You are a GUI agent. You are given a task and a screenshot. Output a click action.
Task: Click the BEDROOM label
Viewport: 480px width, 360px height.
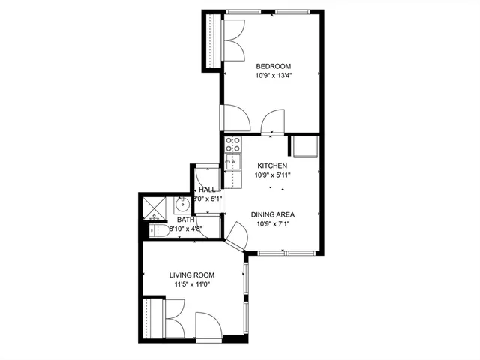(x=273, y=66)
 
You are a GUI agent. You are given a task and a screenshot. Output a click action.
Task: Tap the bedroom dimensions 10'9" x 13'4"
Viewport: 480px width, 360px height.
(x=273, y=75)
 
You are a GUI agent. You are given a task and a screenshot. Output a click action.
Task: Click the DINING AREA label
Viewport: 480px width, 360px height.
(x=273, y=214)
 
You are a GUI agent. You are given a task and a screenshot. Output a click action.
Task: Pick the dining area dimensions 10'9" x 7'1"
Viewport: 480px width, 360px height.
(x=273, y=223)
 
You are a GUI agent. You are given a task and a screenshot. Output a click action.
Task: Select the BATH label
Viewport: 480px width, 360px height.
(x=185, y=220)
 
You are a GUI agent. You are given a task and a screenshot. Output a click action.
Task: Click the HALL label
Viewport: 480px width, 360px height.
(x=207, y=190)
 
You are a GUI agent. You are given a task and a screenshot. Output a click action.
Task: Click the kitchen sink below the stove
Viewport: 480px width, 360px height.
(x=232, y=161)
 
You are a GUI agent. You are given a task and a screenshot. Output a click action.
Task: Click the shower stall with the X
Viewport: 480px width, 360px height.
(x=154, y=206)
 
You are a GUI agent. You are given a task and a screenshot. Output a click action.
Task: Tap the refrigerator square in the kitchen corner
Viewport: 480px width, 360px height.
(x=306, y=146)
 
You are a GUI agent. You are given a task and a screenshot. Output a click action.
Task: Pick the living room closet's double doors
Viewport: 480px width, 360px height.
(x=175, y=318)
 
